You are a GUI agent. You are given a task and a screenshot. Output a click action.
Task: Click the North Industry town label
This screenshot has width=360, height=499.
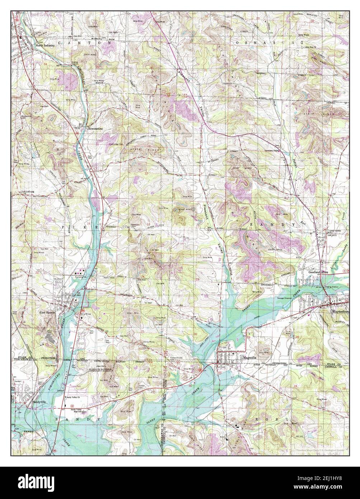pos(45,46)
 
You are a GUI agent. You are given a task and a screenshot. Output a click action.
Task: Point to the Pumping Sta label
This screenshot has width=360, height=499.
pos(83,277)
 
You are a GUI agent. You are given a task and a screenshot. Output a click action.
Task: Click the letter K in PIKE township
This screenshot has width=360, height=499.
pos(87,228)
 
